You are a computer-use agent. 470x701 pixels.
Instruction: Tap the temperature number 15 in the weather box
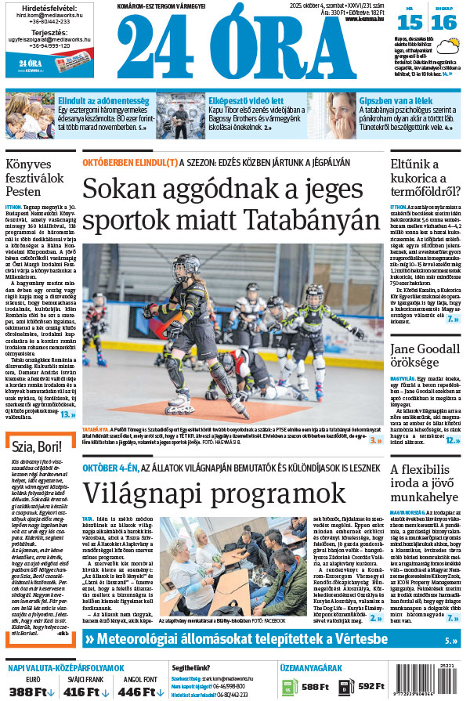[x=414, y=23]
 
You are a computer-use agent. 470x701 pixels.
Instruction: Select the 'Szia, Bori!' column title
[x=35, y=446]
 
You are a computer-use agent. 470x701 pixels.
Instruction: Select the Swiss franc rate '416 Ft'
[x=82, y=692]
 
